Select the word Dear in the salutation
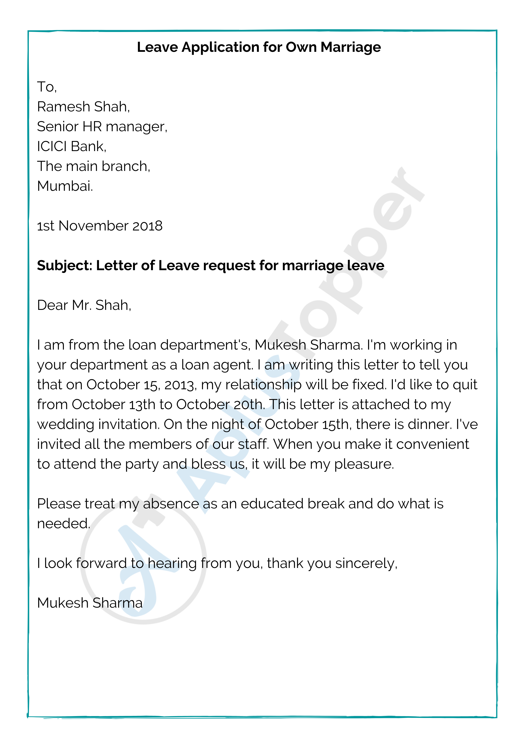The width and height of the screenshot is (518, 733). point(52,305)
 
